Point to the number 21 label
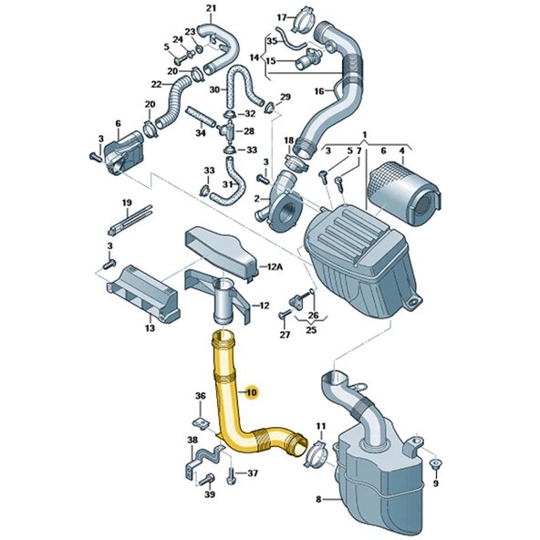point(211,8)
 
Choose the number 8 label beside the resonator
point(318,499)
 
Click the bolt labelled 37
point(231,476)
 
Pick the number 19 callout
point(127,202)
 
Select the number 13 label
point(150,328)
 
